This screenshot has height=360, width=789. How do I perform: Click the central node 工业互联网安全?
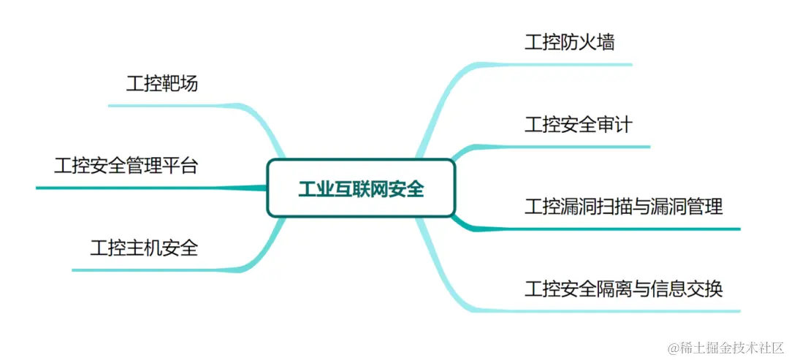coord(361,188)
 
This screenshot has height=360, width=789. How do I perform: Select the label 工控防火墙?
coord(569,42)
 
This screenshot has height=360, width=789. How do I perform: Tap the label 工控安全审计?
coord(578,125)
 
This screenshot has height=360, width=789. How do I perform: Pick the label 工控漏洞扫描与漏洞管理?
coord(623,207)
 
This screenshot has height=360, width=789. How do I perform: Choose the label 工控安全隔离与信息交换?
coord(623,288)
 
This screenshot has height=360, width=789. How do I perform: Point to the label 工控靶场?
coord(161,84)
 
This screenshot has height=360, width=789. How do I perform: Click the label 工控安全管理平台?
coord(126,166)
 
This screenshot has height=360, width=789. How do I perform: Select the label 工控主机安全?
coord(144,248)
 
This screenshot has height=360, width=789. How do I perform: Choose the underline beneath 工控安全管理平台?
coord(131,188)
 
